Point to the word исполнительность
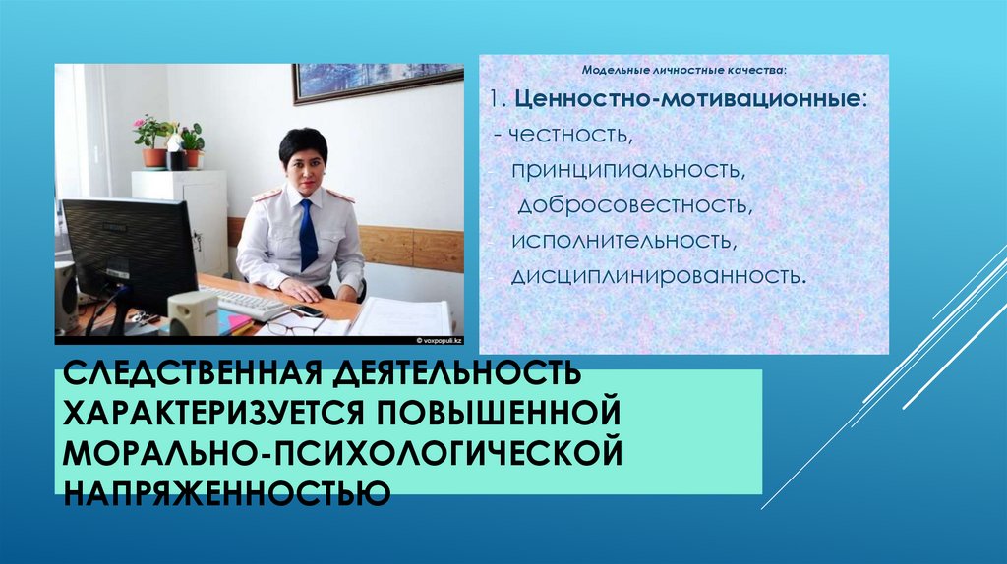click(621, 240)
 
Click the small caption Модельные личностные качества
click(684, 72)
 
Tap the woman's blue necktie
click(308, 235)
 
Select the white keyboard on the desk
click(244, 303)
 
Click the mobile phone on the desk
click(307, 310)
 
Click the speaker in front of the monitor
click(193, 313)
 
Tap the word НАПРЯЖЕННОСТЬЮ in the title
click(226, 488)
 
